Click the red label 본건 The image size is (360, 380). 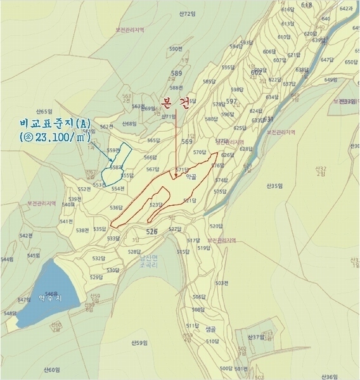pos(176,102)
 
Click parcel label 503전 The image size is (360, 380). pos(221,283)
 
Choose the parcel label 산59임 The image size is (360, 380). pos(139,343)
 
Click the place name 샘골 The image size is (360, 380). pos(210,329)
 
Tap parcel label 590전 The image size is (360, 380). pos(176,49)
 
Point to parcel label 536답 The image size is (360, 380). pos(116,207)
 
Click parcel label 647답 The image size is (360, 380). pos(327,60)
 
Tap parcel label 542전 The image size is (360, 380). pos(25,235)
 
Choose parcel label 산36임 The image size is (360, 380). pos(330,376)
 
